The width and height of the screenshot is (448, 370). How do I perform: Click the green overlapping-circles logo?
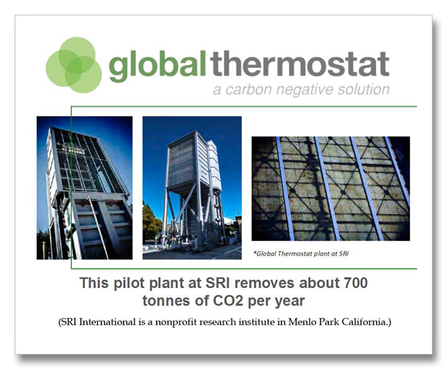pos(73,65)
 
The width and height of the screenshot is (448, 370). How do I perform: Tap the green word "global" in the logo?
pos(158,66)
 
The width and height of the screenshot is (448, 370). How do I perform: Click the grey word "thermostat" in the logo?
pos(300,63)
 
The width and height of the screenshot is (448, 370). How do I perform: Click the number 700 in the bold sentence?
pos(356,283)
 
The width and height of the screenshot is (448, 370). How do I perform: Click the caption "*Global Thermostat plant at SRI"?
pos(301,253)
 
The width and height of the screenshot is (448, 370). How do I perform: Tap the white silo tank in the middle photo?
pos(215,166)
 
